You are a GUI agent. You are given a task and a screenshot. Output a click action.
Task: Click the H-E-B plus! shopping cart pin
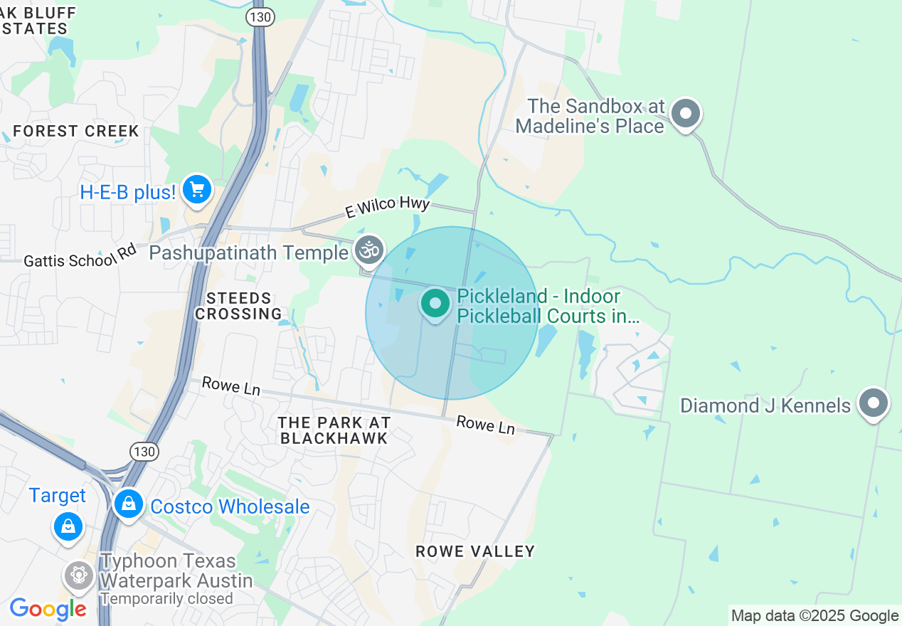pos(197,190)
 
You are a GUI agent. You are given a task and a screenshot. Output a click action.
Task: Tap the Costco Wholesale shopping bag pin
pos(129,504)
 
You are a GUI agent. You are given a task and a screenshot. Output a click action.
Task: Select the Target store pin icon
pos(68,527)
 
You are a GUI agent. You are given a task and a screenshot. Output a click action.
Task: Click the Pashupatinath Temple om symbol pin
pos(369,250)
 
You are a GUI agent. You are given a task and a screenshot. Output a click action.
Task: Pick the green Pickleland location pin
pos(435,304)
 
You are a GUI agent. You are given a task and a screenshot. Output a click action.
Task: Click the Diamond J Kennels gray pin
pos(873,404)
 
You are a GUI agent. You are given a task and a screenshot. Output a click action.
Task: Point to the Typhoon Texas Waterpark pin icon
pos(78,575)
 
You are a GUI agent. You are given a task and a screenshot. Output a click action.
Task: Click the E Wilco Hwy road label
pos(387,208)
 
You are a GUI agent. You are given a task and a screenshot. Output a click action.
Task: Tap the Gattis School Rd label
pos(80,257)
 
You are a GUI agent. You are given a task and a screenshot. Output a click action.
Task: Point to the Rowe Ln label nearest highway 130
pos(231,386)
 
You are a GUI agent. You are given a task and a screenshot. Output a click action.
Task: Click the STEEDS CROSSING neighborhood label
pos(239,306)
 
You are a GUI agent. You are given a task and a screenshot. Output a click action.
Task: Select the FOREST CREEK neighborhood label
pos(76,131)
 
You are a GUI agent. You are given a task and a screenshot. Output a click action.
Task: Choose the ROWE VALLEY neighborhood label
pos(474,551)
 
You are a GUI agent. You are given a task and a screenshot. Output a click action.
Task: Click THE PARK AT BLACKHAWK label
pos(334,430)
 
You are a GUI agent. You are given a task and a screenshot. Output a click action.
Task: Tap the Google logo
pos(48,610)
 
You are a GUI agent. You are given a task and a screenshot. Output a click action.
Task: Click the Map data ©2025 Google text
pos(815,616)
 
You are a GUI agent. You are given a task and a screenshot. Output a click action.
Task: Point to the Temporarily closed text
pos(166,599)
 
